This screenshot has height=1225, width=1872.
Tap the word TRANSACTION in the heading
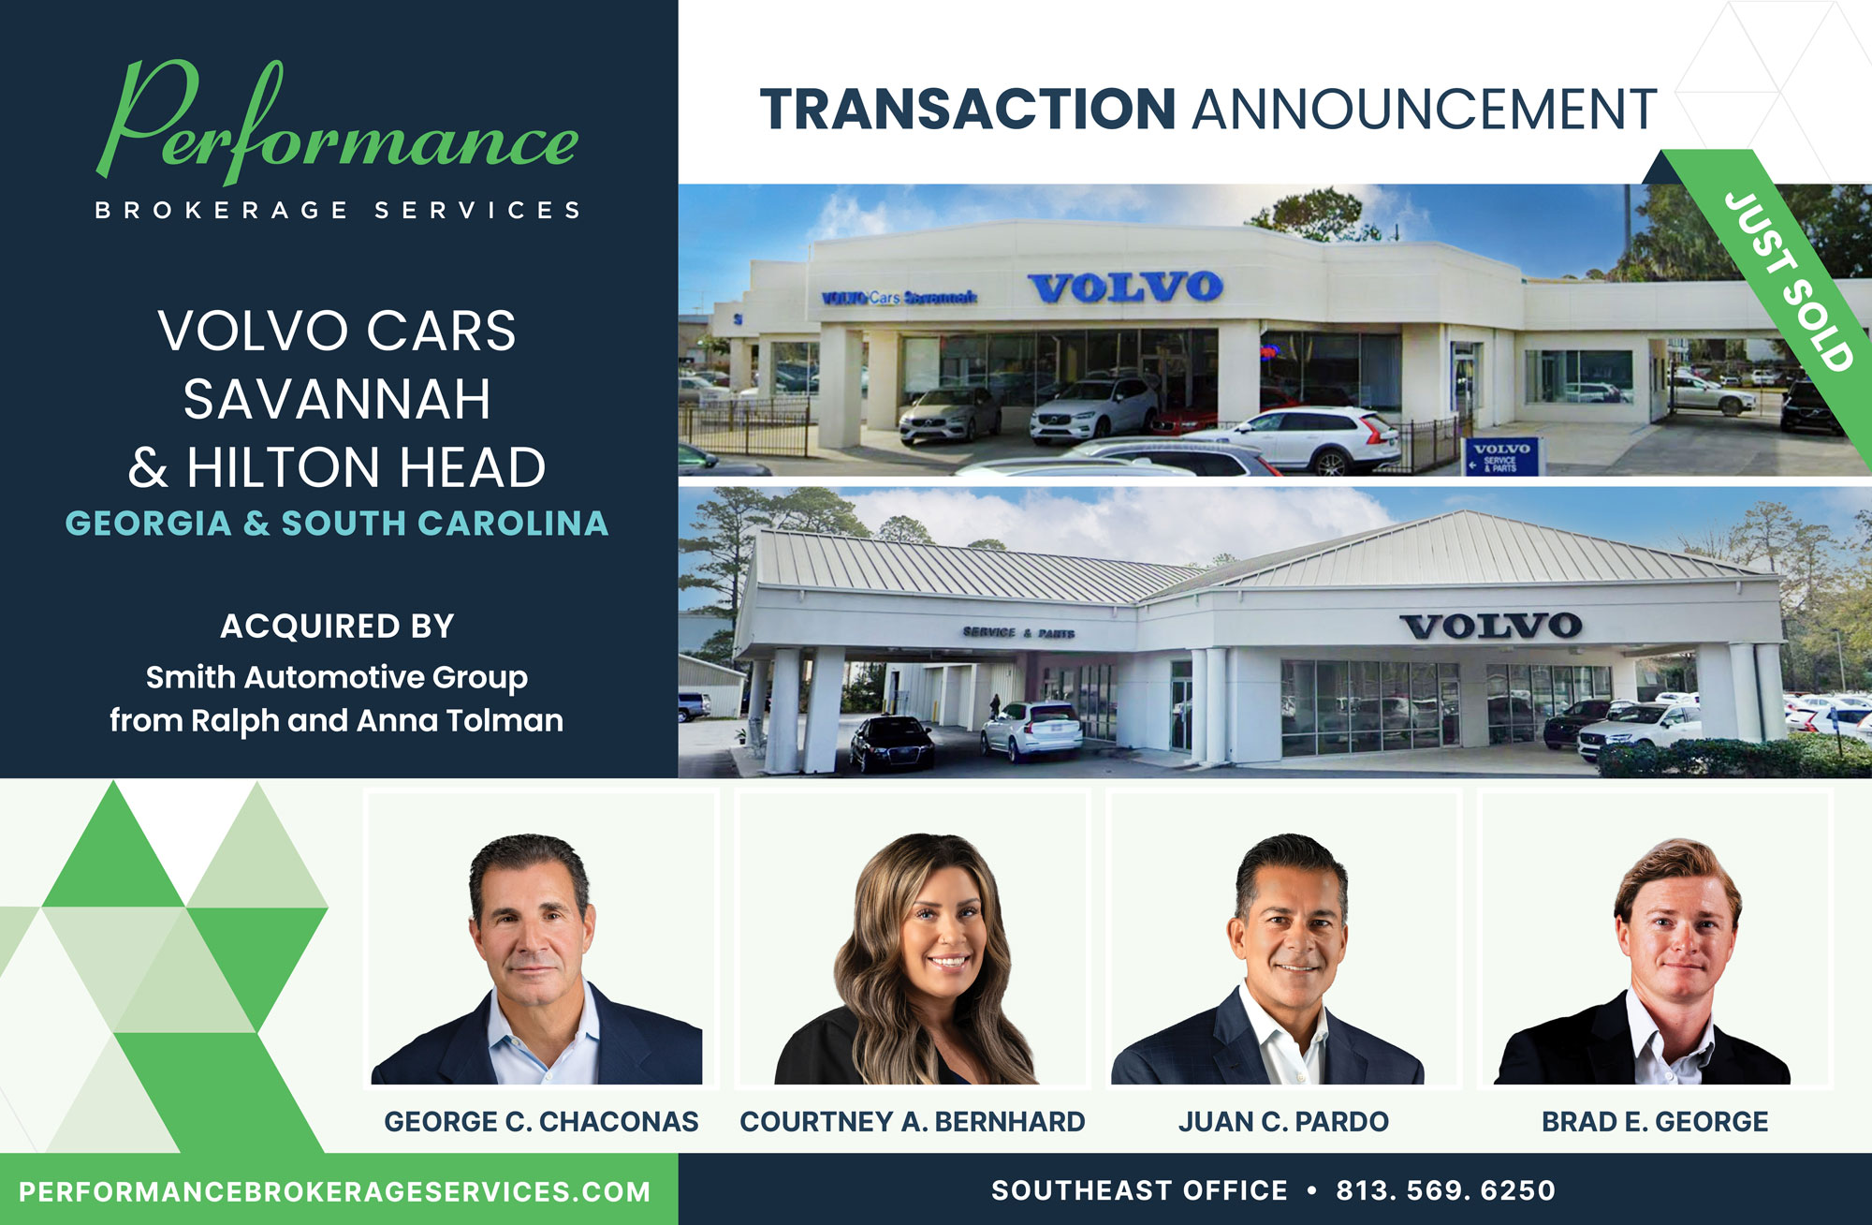[x=967, y=110]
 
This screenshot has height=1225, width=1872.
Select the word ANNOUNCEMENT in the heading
[x=1424, y=110]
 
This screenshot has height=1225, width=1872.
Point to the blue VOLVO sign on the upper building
[x=1125, y=287]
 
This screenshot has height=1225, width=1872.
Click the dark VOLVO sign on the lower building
[x=1490, y=626]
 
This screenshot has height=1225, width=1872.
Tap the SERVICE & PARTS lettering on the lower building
[x=1018, y=633]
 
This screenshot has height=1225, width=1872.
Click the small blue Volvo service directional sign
[x=1500, y=456]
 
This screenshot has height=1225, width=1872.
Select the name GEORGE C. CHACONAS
[x=541, y=1121]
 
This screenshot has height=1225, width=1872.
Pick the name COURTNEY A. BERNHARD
[x=912, y=1121]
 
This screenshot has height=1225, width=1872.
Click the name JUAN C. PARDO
[x=1283, y=1121]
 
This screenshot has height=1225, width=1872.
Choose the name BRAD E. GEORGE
[x=1655, y=1121]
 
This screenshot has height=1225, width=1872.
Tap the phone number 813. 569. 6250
[x=1445, y=1190]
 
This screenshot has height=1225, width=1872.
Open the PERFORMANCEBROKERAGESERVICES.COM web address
[x=334, y=1191]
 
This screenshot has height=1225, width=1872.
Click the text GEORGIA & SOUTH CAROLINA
[x=337, y=524]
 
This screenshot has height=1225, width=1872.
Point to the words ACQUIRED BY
[x=337, y=626]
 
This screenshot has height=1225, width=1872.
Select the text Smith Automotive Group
[x=337, y=676]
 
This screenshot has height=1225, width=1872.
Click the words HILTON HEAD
[x=366, y=467]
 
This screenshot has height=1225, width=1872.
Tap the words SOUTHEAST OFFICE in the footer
[x=1139, y=1190]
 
